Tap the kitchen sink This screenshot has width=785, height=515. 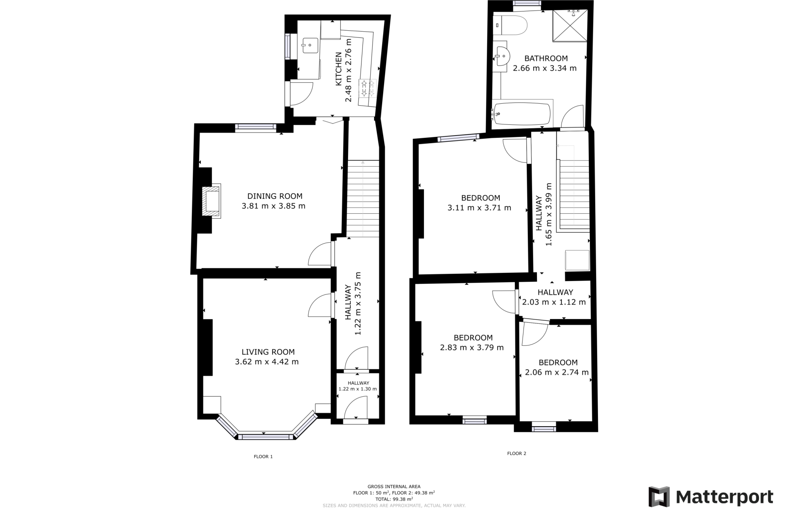click(310, 46)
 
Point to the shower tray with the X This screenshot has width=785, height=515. click(570, 25)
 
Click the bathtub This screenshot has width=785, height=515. click(522, 114)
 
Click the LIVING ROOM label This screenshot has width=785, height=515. click(268, 352)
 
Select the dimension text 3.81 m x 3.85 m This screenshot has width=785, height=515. click(273, 206)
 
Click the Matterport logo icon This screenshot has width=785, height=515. click(659, 497)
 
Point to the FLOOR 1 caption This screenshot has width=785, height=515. click(263, 456)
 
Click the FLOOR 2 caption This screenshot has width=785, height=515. click(517, 453)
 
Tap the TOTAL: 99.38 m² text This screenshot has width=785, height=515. click(394, 499)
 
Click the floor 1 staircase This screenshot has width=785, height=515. click(363, 198)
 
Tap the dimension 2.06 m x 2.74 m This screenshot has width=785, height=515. click(557, 372)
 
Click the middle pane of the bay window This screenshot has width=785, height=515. click(265, 437)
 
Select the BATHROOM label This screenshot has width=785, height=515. click(546, 58)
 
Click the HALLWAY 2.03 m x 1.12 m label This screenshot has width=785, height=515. click(554, 297)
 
